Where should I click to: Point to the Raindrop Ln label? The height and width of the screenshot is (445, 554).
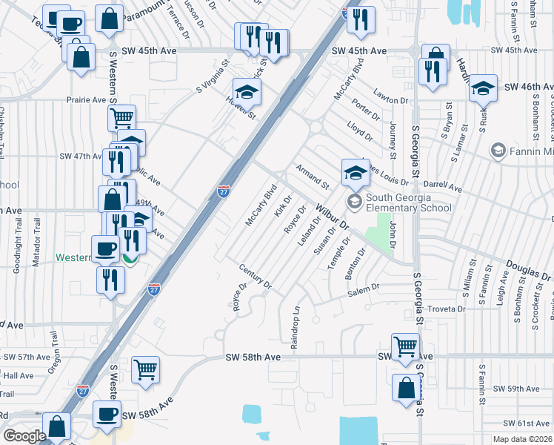[x=295, y=329]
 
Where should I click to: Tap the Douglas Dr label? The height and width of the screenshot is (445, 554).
[x=528, y=269]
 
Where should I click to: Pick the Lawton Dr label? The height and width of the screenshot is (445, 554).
[x=391, y=99]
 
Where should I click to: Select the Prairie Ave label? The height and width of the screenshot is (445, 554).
[x=87, y=99]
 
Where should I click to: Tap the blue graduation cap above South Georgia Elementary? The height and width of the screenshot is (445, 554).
[x=356, y=173]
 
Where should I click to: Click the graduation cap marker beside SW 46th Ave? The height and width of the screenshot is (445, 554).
[x=483, y=89]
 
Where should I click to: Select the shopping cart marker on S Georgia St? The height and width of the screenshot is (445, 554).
[x=406, y=347]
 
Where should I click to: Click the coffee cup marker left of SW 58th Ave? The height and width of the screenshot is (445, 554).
[x=107, y=414]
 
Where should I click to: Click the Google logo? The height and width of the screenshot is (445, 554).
[x=24, y=436]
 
